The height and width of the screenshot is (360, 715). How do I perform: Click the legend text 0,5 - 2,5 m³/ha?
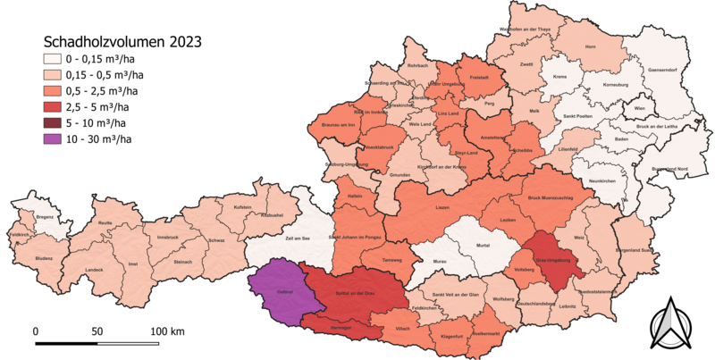pos(107,90)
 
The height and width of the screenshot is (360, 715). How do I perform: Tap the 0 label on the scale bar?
pos(36,331)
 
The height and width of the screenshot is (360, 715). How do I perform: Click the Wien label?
pos(639,107)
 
